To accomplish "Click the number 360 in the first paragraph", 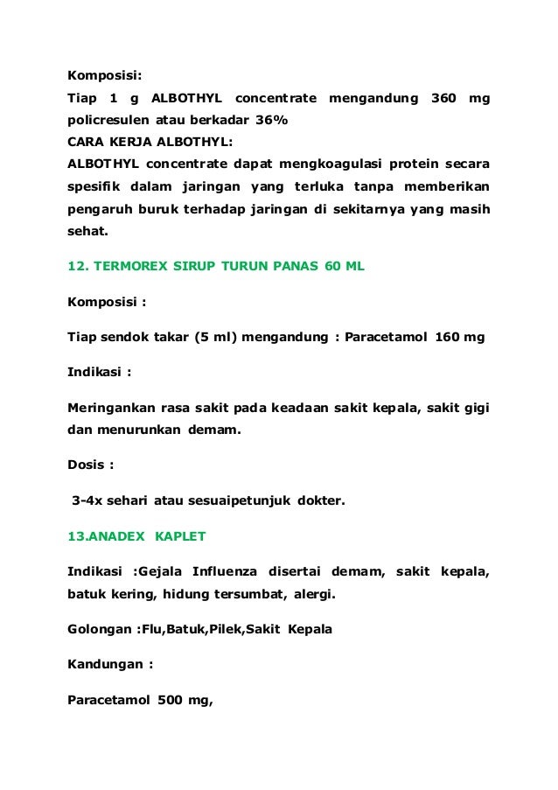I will click(444, 96).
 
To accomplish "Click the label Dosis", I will click(87, 465).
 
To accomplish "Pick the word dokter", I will click(321, 500).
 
